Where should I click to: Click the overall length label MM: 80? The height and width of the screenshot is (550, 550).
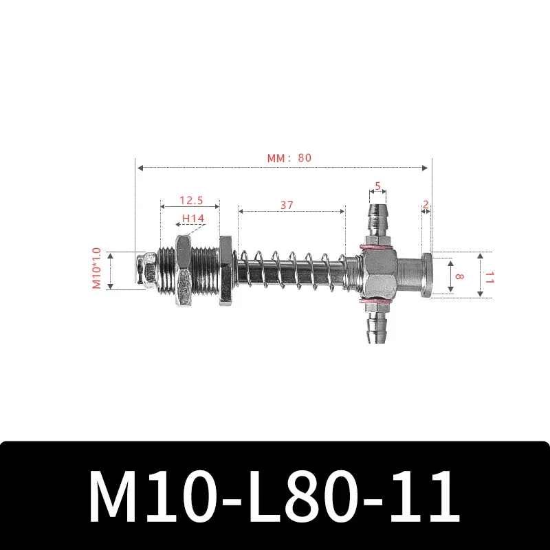(289, 157)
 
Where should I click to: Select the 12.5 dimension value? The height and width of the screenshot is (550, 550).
(190, 200)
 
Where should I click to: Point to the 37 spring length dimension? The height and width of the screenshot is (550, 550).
(287, 204)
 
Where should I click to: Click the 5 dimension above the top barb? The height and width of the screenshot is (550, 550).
(377, 186)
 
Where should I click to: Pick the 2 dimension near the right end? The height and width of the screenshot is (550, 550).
(426, 204)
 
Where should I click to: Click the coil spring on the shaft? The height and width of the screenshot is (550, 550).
(289, 270)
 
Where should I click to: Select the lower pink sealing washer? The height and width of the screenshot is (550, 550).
(377, 301)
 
